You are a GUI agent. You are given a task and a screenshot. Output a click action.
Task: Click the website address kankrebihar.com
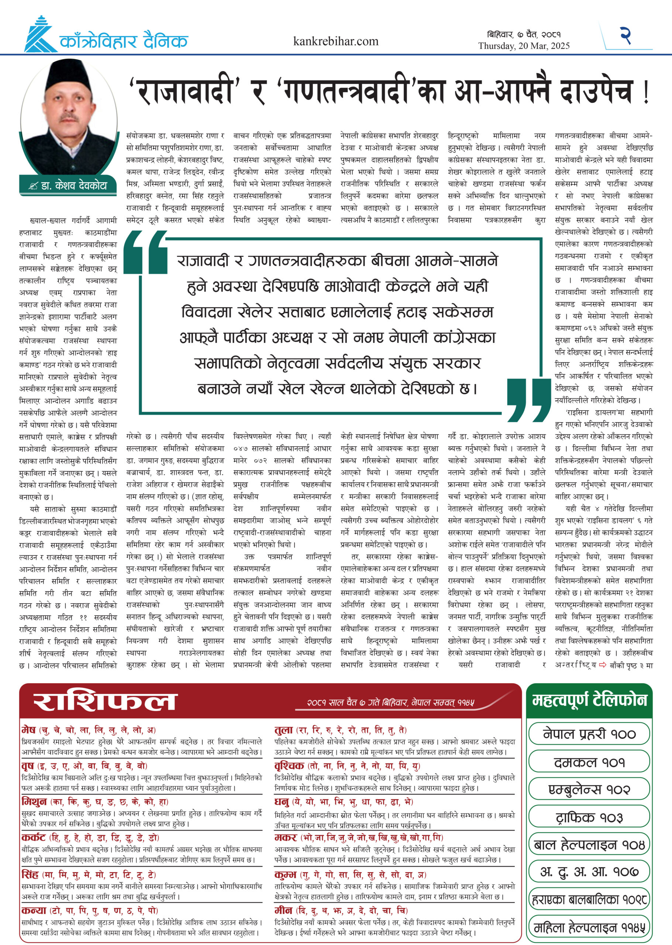335,41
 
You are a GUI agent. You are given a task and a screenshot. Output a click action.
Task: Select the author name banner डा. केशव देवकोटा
69,186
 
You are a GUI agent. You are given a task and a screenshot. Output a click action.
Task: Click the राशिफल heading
105,702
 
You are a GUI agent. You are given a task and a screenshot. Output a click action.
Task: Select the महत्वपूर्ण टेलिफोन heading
589,700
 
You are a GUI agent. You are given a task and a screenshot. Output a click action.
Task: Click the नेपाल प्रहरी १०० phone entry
589,734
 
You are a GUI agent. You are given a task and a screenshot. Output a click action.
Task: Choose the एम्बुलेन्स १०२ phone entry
589,790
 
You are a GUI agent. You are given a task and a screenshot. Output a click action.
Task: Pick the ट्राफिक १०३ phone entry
589,818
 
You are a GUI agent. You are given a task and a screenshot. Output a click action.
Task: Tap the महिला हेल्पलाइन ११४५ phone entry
589,928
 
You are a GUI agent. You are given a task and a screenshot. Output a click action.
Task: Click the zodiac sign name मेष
28,730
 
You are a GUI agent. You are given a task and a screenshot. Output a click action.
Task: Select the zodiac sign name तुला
283,730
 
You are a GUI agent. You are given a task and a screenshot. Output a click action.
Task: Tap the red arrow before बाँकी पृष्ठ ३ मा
603,665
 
